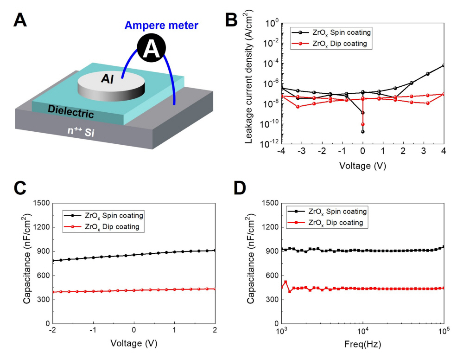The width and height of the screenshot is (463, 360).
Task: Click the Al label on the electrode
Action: click(x=108, y=79)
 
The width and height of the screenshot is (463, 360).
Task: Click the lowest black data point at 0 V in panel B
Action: click(x=363, y=132)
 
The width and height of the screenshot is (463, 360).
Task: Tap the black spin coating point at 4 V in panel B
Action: click(x=444, y=65)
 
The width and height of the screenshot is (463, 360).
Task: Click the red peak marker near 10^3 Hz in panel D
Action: click(x=285, y=282)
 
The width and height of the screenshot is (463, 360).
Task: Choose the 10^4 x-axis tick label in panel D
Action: click(x=363, y=332)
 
